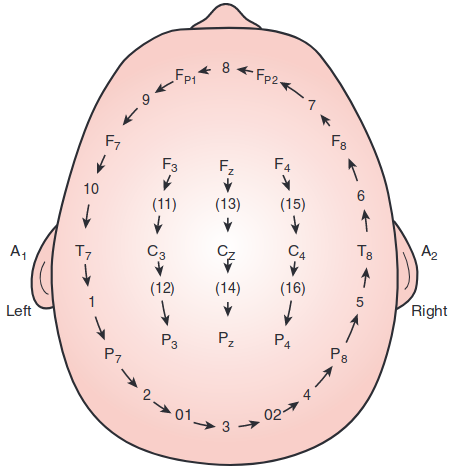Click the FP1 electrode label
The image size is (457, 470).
pyautogui.click(x=185, y=77)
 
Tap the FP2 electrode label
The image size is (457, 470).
pyautogui.click(x=267, y=77)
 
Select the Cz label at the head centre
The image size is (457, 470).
pyautogui.click(x=226, y=252)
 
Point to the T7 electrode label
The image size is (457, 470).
pyautogui.click(x=83, y=252)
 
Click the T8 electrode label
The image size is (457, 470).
pyautogui.click(x=365, y=252)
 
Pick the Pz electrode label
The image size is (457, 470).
pyautogui.click(x=226, y=339)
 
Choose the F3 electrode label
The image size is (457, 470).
pyautogui.click(x=170, y=165)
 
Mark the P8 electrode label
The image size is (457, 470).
pyautogui.click(x=339, y=355)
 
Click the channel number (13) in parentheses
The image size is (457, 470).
pyautogui.click(x=228, y=204)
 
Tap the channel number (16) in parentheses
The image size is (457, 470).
pyautogui.click(x=293, y=288)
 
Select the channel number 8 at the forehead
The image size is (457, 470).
pyautogui.click(x=226, y=68)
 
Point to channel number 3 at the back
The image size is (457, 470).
pyautogui.click(x=226, y=427)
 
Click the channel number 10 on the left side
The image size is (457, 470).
pyautogui.click(x=91, y=189)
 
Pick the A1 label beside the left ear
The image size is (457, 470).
pyautogui.click(x=18, y=252)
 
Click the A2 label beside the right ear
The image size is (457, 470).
pyautogui.click(x=429, y=252)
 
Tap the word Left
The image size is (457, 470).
pyautogui.click(x=19, y=311)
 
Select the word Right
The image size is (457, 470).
pyautogui.click(x=429, y=312)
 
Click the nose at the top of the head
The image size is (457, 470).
pyautogui.click(x=226, y=17)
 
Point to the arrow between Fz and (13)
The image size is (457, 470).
pyautogui.click(x=228, y=185)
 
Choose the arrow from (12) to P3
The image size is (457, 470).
pyautogui.click(x=164, y=313)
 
